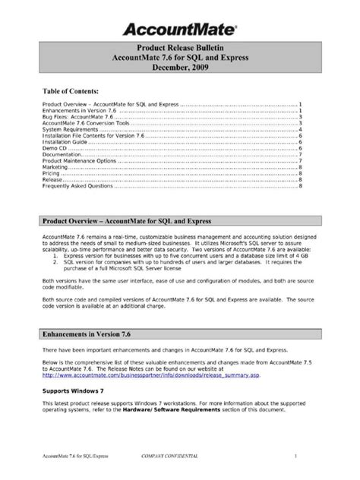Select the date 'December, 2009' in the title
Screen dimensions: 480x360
[179, 68]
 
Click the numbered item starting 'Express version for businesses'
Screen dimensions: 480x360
[182, 256]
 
